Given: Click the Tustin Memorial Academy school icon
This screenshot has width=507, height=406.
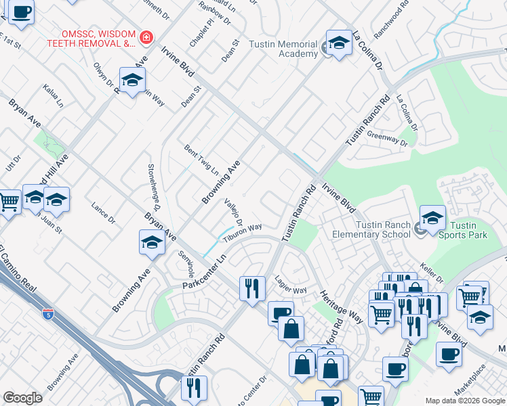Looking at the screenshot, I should (x=339, y=43).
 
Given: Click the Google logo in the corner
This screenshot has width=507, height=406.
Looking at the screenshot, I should (x=22, y=398).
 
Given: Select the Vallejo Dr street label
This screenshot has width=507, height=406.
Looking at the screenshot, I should (x=235, y=215).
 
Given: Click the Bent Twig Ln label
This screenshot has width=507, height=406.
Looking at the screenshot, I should (x=201, y=159).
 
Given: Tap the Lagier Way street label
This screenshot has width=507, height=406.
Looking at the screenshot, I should (x=291, y=284).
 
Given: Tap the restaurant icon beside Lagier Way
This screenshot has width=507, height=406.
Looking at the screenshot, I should (x=251, y=288).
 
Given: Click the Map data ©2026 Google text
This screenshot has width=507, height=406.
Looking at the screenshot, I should (x=464, y=401).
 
